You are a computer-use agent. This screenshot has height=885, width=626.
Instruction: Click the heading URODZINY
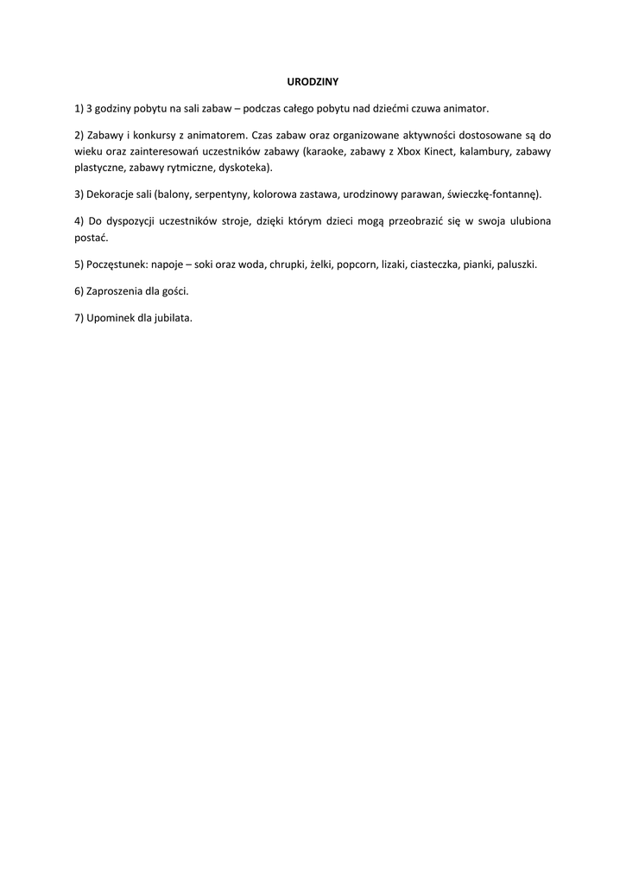[313, 82]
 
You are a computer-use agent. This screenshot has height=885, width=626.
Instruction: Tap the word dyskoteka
[244, 167]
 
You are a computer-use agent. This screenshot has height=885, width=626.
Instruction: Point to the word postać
[91, 237]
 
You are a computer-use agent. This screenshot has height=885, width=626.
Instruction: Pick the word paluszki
[516, 264]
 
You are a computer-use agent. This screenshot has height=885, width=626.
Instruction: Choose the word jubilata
[172, 317]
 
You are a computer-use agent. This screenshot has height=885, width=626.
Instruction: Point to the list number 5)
[79, 264]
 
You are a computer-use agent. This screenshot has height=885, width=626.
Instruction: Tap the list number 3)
[79, 194]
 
